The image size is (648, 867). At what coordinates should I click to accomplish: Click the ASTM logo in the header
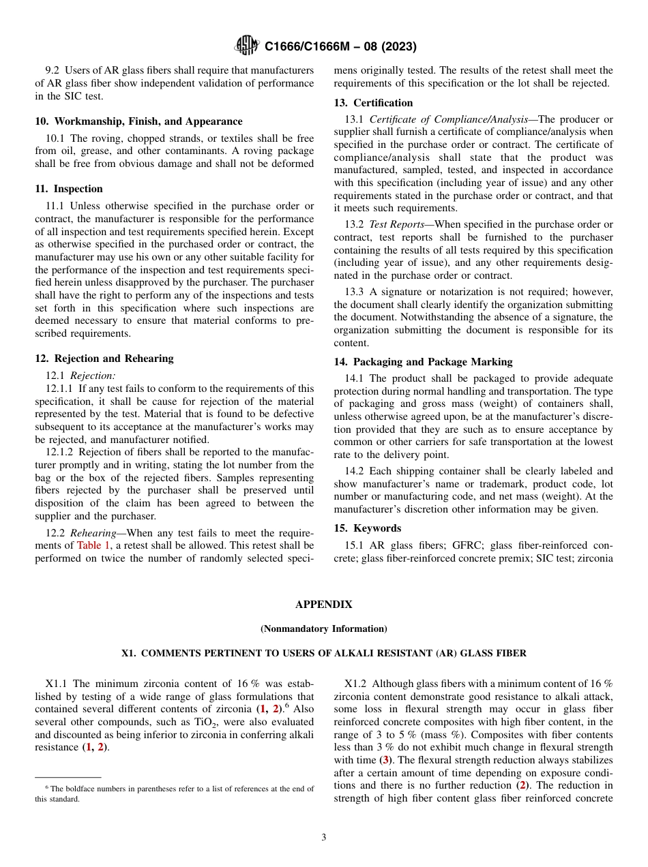click(246, 46)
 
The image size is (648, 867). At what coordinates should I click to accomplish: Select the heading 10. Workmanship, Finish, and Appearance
click(138, 121)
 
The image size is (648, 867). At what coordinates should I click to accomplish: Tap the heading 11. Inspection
click(69, 189)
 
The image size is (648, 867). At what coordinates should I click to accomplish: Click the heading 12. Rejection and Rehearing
click(104, 359)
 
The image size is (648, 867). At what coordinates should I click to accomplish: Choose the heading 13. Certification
click(373, 103)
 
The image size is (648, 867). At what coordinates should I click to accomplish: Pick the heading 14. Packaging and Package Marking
click(423, 362)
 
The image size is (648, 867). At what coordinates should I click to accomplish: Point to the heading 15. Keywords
click(367, 528)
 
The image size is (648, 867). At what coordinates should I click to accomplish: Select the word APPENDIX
click(323, 605)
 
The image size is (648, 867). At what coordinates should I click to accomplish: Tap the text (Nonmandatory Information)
click(323, 628)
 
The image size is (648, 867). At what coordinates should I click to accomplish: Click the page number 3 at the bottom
click(323, 838)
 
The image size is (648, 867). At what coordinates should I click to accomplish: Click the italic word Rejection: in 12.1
click(93, 375)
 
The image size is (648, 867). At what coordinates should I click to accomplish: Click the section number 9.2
click(53, 70)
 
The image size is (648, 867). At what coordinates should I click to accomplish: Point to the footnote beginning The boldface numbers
click(175, 793)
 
